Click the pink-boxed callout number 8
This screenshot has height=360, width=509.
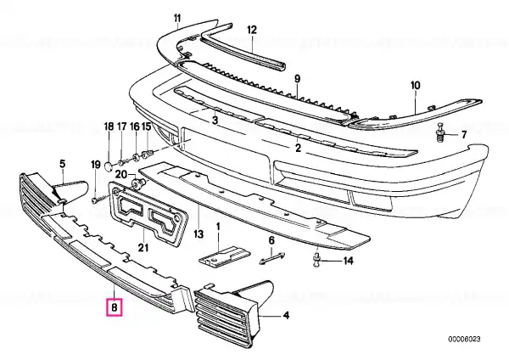[x=115, y=307]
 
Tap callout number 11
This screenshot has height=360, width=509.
[x=177, y=18]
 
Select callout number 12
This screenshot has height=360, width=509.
[x=252, y=30]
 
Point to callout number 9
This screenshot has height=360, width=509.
[x=298, y=79]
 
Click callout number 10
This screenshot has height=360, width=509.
[x=416, y=86]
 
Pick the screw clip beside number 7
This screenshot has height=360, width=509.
[x=440, y=132]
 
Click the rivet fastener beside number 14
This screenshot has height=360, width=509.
[x=317, y=261]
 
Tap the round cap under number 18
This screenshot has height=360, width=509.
[x=108, y=166]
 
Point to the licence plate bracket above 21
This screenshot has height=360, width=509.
[x=148, y=213]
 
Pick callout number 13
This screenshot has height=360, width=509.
[x=199, y=234]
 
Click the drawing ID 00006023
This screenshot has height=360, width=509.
[x=464, y=340]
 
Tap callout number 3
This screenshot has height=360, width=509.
[x=215, y=121]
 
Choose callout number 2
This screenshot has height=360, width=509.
[x=298, y=148]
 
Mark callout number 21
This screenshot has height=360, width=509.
[x=143, y=248]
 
